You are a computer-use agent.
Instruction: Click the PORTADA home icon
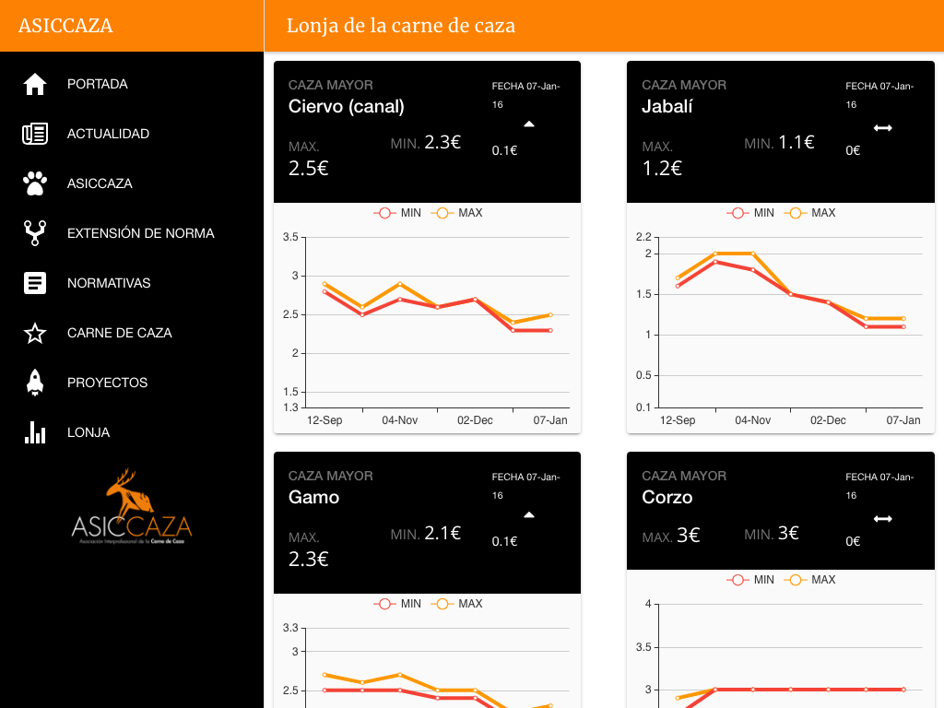pyautogui.click(x=35, y=84)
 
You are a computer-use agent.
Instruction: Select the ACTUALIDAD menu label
pyautogui.click(x=108, y=134)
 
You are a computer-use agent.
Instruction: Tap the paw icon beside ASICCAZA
pyautogui.click(x=35, y=183)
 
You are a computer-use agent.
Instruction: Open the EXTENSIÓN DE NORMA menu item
pyautogui.click(x=140, y=233)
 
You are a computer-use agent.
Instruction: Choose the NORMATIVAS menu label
pyautogui.click(x=109, y=283)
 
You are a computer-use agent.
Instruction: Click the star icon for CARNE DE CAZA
pyautogui.click(x=35, y=333)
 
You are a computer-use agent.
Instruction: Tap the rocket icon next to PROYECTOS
pyautogui.click(x=35, y=383)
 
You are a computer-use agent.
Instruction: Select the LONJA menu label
pyautogui.click(x=88, y=432)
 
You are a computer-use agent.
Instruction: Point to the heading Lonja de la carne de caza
pyautogui.click(x=400, y=26)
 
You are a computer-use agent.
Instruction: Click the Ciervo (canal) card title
pyautogui.click(x=347, y=106)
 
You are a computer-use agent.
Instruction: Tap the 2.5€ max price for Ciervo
pyautogui.click(x=309, y=168)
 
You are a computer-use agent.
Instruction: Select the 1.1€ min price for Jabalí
pyautogui.click(x=796, y=142)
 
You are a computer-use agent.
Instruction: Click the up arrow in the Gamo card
pyautogui.click(x=529, y=514)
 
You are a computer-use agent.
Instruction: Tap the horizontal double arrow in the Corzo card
pyautogui.click(x=883, y=519)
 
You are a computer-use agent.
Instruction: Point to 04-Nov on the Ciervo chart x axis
pyautogui.click(x=400, y=420)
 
